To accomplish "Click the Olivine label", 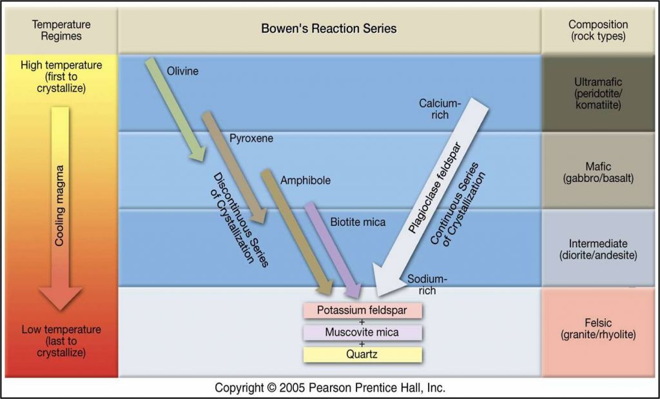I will (x=182, y=71).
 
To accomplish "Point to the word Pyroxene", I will (x=251, y=138).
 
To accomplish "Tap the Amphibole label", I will (x=305, y=181).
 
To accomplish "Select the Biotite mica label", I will (x=358, y=223).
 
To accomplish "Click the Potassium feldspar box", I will (x=362, y=311).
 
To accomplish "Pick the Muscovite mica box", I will (x=362, y=332).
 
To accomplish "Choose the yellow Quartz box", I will (x=362, y=354).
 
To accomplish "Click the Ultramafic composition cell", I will (x=597, y=93).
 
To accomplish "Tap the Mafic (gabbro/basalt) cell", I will (x=597, y=171).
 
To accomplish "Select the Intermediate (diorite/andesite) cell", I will (x=597, y=249).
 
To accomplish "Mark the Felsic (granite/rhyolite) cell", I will (x=597, y=329).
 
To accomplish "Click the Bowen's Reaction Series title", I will (x=329, y=29).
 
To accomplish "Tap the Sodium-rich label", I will (x=426, y=284).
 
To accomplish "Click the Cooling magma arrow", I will (x=60, y=207).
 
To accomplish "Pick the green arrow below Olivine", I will (x=174, y=110).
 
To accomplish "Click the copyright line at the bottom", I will (x=330, y=388).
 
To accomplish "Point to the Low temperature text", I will (x=61, y=329).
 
